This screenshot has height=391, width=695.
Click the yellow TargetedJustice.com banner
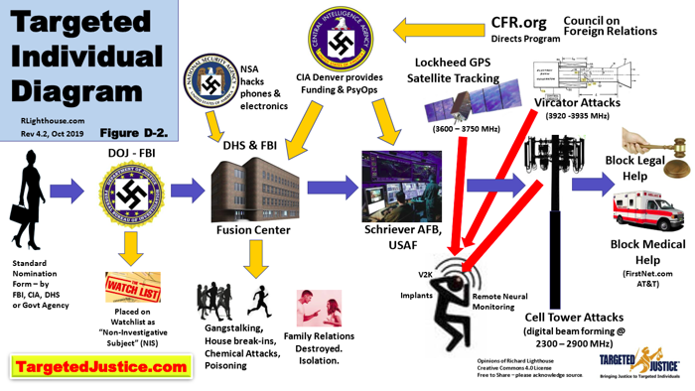point(100,367)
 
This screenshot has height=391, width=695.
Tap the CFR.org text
point(519,23)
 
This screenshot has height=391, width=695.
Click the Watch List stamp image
point(133,287)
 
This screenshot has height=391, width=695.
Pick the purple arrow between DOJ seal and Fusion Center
point(188,190)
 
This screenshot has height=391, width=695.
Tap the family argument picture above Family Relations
point(319,309)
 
